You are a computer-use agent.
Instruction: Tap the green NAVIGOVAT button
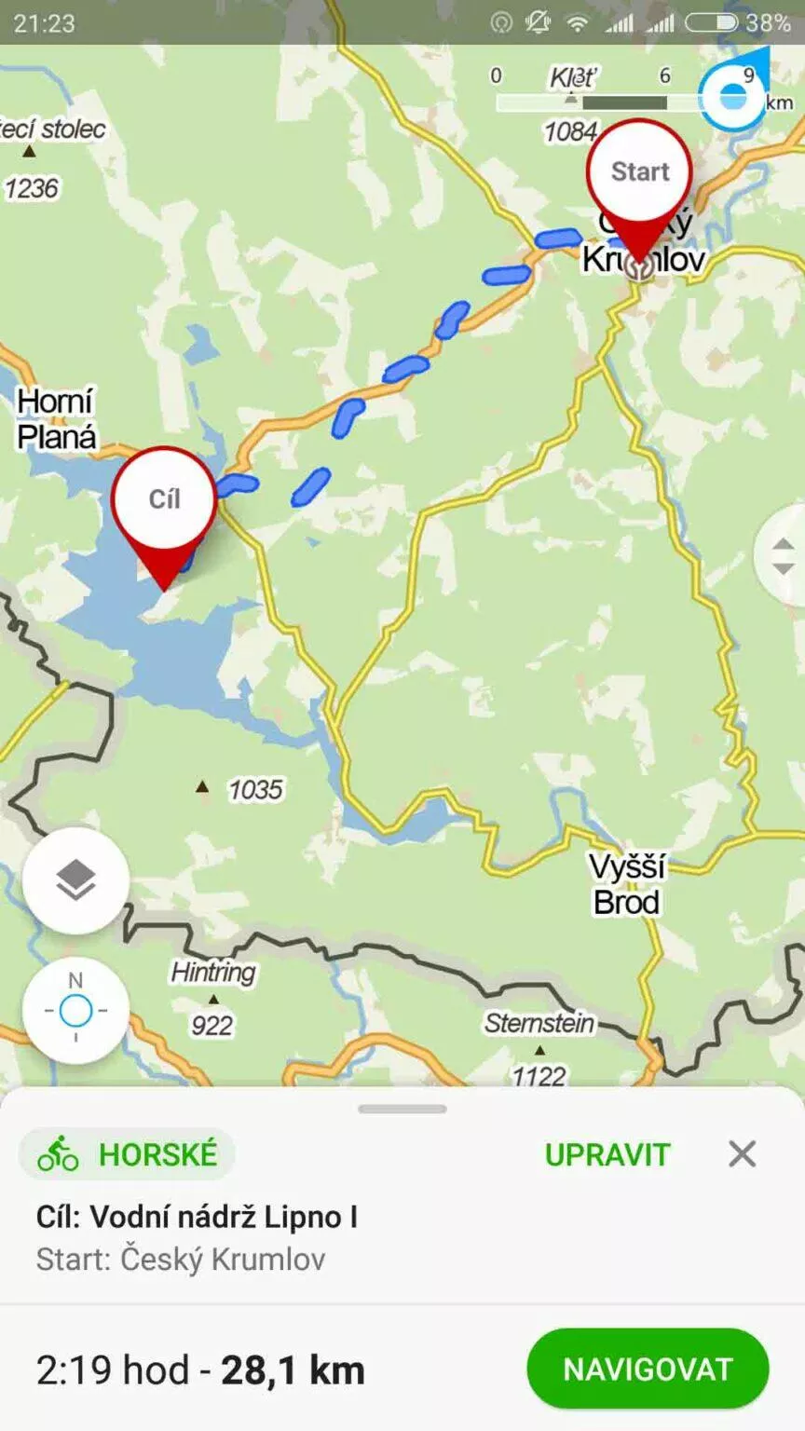click(x=648, y=1369)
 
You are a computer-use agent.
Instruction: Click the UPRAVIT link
click(x=607, y=1154)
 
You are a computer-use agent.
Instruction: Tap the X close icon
click(x=742, y=1154)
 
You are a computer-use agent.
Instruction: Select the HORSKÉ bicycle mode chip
click(x=128, y=1154)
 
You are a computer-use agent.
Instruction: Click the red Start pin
click(x=640, y=172)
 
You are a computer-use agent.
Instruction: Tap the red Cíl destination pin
click(x=164, y=500)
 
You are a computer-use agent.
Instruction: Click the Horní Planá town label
click(x=56, y=419)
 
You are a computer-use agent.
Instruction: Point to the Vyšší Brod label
click(x=627, y=884)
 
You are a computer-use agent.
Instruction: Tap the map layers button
click(x=75, y=880)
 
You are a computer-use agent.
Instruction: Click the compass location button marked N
click(x=75, y=1010)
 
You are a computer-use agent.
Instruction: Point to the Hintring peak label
click(x=212, y=973)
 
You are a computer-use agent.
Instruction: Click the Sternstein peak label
click(x=539, y=1024)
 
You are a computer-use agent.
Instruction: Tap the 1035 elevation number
click(x=254, y=790)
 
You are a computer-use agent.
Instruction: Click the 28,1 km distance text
click(x=293, y=1370)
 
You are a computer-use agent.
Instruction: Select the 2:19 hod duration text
click(x=112, y=1370)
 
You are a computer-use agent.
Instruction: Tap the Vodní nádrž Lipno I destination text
click(x=224, y=1217)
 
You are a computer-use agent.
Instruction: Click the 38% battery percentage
click(x=768, y=22)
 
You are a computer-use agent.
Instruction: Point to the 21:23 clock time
click(x=44, y=22)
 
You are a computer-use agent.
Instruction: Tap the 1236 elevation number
click(x=31, y=189)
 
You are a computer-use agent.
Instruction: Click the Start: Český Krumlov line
click(x=181, y=1260)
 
